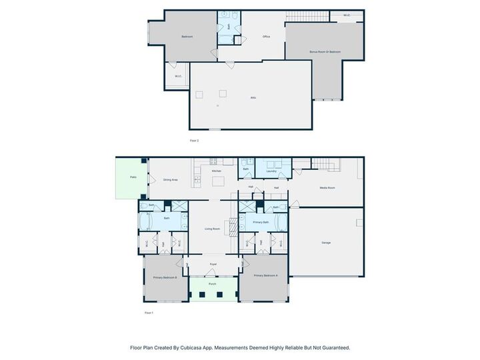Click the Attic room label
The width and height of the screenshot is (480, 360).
[253, 98]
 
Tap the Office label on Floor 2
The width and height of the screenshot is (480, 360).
[266, 37]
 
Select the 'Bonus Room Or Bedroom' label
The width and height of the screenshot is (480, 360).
[325, 51]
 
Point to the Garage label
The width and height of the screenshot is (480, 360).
[326, 243]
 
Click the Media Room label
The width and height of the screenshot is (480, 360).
[327, 188]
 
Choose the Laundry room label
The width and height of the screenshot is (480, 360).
[271, 171]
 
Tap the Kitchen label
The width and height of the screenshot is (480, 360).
[217, 171]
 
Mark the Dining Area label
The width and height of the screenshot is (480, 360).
[170, 180]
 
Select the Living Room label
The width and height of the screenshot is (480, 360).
[213, 229]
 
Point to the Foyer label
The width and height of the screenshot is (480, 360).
[213, 265]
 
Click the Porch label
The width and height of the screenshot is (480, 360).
[213, 284]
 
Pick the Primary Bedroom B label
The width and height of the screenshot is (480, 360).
[165, 277]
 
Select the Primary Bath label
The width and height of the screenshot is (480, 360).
[261, 222]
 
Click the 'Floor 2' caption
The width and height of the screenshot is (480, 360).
[194, 141]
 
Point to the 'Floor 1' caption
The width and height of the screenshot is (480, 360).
[149, 312]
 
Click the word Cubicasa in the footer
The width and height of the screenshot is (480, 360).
[192, 347]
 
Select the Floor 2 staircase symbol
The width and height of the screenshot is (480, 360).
[307, 16]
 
